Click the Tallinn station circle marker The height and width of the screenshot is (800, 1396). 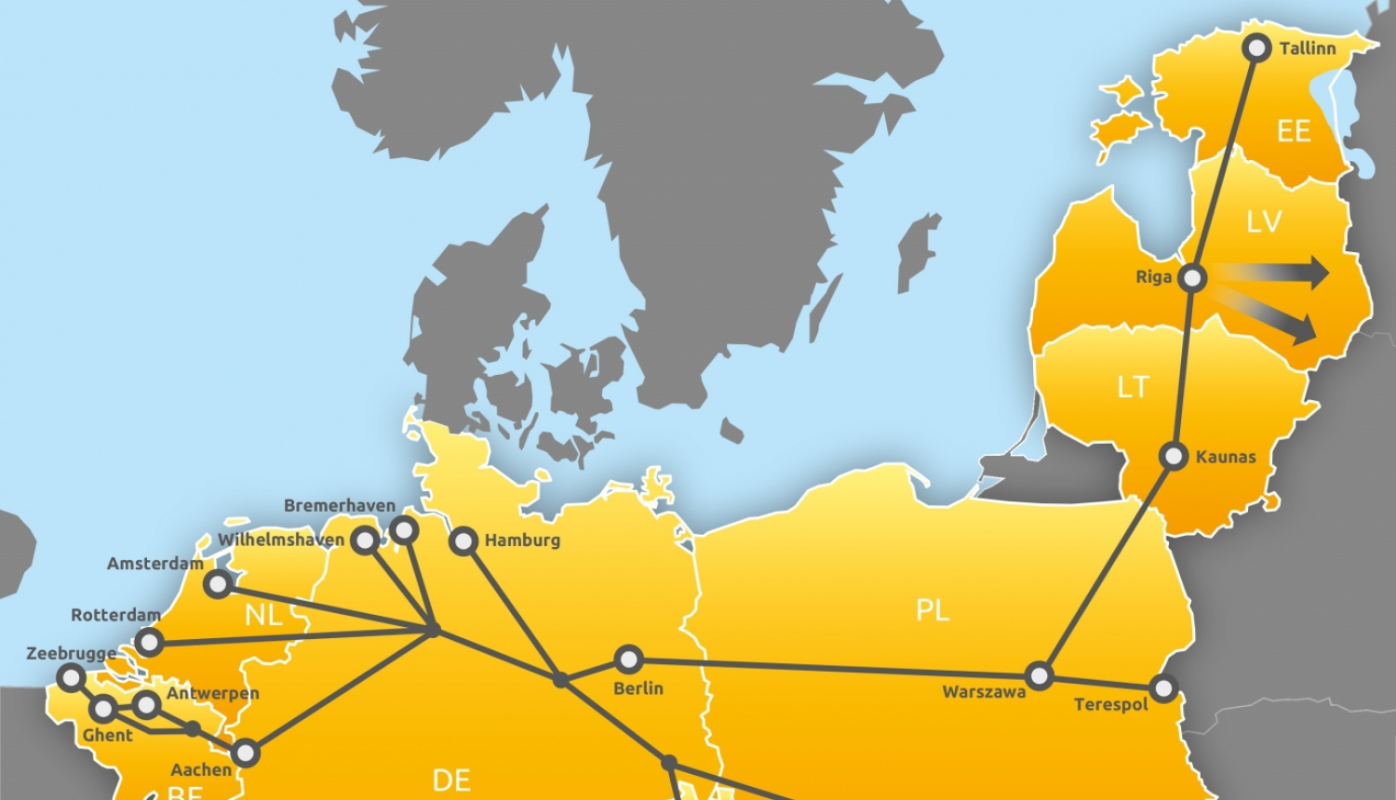click(1257, 48)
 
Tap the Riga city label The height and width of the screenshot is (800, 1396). click(1153, 277)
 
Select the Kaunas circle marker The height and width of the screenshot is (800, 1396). click(1175, 456)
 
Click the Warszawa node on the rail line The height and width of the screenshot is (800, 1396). click(1040, 675)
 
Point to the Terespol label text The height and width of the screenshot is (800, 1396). click(1110, 704)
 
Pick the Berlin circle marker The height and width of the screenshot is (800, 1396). click(628, 660)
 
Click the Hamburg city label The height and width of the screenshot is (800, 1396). click(522, 540)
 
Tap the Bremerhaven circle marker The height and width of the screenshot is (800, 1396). click(404, 530)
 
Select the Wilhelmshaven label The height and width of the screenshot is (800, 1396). click(281, 540)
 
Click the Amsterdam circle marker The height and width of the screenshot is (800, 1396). click(218, 584)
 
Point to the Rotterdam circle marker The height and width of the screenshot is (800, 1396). click(149, 642)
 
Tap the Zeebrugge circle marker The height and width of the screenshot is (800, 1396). click(71, 677)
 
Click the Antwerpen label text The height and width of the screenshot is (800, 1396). click(213, 693)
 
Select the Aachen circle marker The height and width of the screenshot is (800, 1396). click(246, 752)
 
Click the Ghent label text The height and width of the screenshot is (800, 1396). click(108, 735)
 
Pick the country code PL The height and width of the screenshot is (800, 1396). click(933, 610)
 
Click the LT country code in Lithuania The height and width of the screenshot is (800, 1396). click(1133, 387)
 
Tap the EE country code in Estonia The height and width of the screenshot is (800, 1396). click(1294, 131)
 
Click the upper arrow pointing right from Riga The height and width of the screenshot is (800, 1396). click(1275, 273)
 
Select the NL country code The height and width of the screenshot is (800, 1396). click(263, 615)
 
